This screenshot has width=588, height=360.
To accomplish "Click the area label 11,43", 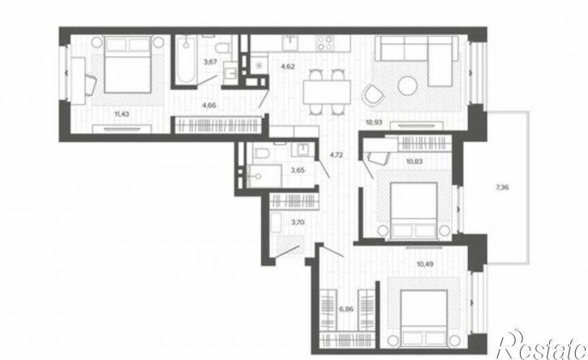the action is [122, 114].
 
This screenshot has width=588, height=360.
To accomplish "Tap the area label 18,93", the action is [374, 122].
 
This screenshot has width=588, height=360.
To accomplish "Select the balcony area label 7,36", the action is [502, 187].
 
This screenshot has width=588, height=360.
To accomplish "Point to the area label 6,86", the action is [346, 310].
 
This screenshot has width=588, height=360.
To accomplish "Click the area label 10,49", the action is [425, 264].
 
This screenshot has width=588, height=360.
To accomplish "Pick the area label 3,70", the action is [298, 222].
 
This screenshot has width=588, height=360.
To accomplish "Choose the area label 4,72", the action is [337, 154].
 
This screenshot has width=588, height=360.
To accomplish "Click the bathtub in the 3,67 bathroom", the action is [185, 60].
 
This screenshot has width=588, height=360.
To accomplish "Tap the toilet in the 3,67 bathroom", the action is [223, 48].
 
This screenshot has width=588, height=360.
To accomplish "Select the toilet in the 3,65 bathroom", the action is [262, 153].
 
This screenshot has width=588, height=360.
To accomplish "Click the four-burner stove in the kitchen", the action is [324, 43].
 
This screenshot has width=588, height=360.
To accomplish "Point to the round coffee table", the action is [408, 86].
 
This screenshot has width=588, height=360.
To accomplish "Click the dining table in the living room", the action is [327, 92].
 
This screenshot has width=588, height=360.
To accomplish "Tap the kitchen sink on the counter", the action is [290, 43].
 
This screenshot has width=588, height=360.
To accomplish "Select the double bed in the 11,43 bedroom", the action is [128, 65].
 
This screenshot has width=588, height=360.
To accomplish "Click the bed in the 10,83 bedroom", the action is [414, 210].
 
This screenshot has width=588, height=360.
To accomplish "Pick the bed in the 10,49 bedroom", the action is [423, 319].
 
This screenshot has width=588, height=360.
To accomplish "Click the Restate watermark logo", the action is [542, 345].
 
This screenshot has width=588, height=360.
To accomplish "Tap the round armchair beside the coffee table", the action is [373, 95].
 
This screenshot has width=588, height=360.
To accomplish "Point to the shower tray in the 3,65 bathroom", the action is [264, 175].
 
